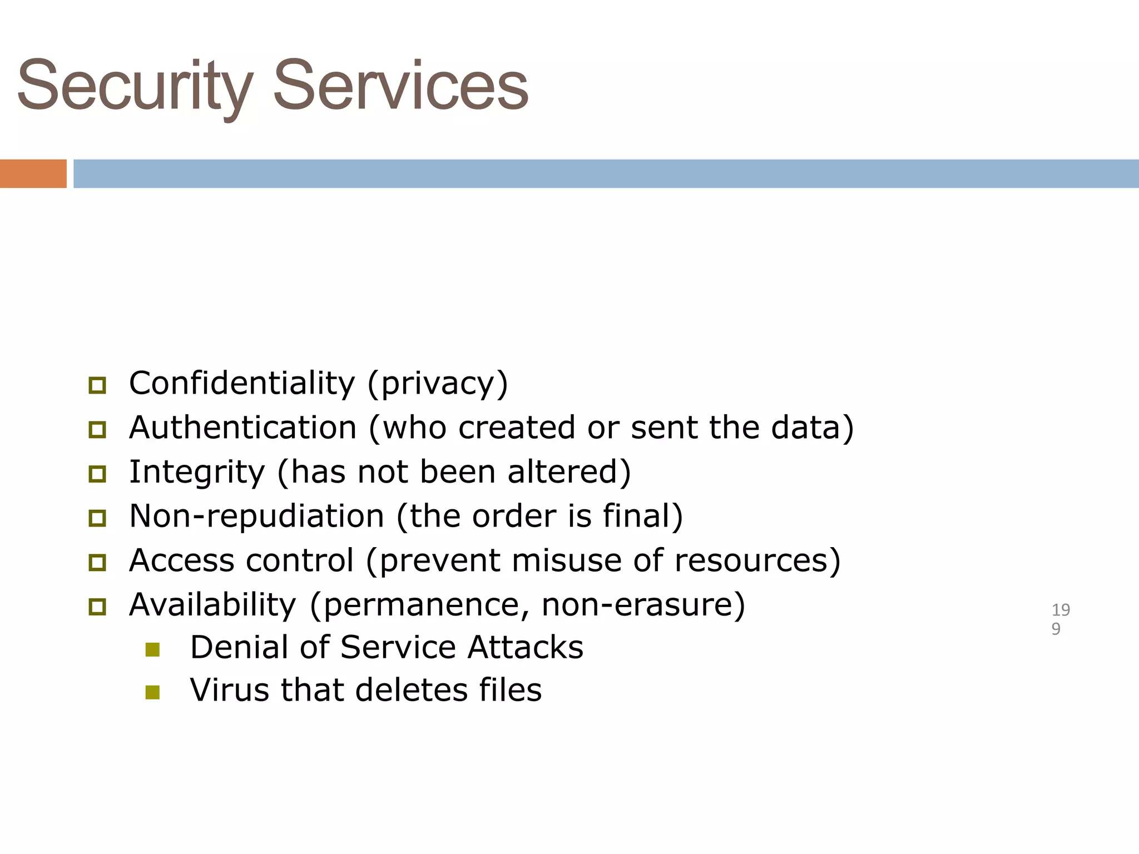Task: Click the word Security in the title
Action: click(135, 86)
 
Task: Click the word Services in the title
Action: click(400, 86)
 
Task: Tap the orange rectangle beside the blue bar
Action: click(33, 173)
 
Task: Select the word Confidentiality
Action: click(241, 384)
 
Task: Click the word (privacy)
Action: click(438, 384)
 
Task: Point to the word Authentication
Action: click(242, 428)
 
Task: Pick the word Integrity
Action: click(197, 472)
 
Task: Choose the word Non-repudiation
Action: click(256, 516)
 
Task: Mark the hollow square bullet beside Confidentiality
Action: click(97, 385)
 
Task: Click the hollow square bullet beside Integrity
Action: click(97, 474)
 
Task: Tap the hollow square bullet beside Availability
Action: click(97, 606)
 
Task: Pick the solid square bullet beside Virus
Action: click(152, 692)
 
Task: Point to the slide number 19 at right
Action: click(1061, 610)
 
